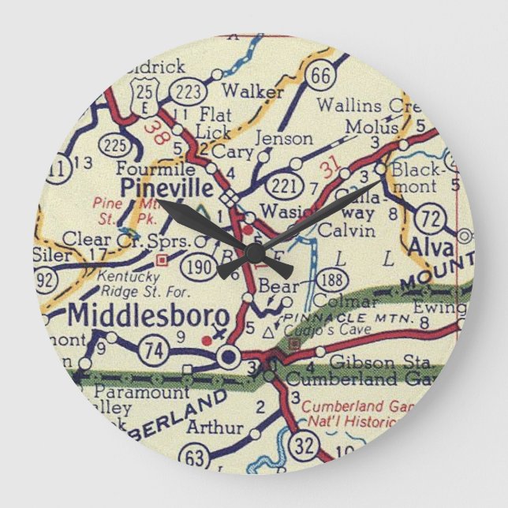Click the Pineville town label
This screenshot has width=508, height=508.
pyautogui.click(x=166, y=189)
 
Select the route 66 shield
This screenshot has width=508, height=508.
pyautogui.click(x=319, y=75)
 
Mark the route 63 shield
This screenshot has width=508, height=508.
pyautogui.click(x=194, y=458)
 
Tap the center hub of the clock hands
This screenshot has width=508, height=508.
pyautogui.click(x=255, y=254)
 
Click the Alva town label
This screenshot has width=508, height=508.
pyautogui.click(x=430, y=246)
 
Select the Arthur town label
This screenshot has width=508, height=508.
pyautogui.click(x=214, y=428)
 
